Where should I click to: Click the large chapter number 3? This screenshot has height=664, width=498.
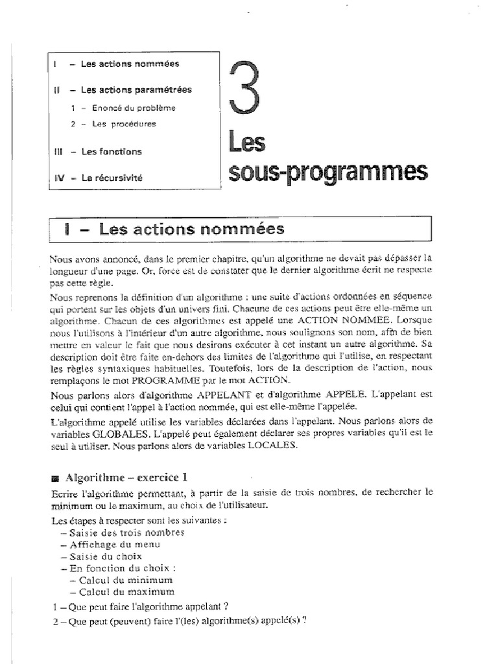coord(247,86)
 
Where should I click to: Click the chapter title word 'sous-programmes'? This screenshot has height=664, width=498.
coord(329,172)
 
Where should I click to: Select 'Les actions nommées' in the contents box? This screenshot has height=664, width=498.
coord(130,64)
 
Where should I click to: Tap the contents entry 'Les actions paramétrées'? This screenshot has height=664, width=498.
coord(136,90)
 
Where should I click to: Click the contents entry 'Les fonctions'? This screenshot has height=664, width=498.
coord(111,151)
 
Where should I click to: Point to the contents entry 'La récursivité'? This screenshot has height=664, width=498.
coord(111,177)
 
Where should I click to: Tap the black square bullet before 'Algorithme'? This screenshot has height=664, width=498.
coord(54,478)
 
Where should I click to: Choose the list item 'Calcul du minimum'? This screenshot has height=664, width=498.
coord(126,580)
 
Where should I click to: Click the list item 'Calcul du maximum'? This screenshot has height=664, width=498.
coord(126,591)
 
